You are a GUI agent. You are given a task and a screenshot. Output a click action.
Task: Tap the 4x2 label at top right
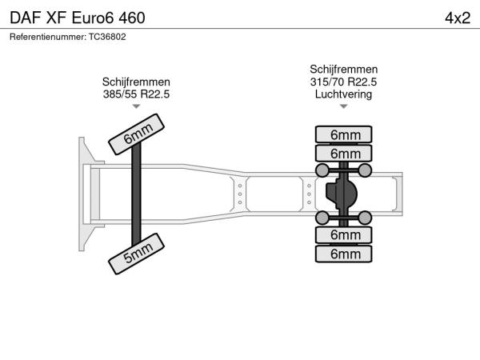click(456, 18)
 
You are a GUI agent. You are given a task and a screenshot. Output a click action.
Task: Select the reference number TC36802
click(67, 36)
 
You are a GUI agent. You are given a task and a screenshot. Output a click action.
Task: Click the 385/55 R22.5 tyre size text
click(136, 94)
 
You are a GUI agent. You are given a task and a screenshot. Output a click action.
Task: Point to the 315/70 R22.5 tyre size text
click(343, 82)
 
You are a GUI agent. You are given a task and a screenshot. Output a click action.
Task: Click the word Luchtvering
click(343, 94)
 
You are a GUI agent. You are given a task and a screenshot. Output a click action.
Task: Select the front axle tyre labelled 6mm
click(137, 134)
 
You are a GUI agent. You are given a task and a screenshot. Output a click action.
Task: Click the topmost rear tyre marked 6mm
click(344, 134)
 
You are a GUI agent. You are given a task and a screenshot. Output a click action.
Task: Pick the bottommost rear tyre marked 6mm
click(344, 254)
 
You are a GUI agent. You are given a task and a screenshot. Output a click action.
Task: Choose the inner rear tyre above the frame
click(344, 153)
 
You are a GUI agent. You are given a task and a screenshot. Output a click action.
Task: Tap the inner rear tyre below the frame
click(344, 235)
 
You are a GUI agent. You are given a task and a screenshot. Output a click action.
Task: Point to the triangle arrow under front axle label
click(136, 106)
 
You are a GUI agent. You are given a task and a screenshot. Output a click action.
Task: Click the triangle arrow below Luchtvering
click(343, 106)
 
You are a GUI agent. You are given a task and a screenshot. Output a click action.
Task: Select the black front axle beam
click(137, 193)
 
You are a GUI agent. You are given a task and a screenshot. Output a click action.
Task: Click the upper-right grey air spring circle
click(365, 170)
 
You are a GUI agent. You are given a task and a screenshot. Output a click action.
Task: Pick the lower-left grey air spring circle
click(322, 218)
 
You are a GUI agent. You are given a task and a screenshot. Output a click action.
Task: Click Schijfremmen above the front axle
click(136, 82)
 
